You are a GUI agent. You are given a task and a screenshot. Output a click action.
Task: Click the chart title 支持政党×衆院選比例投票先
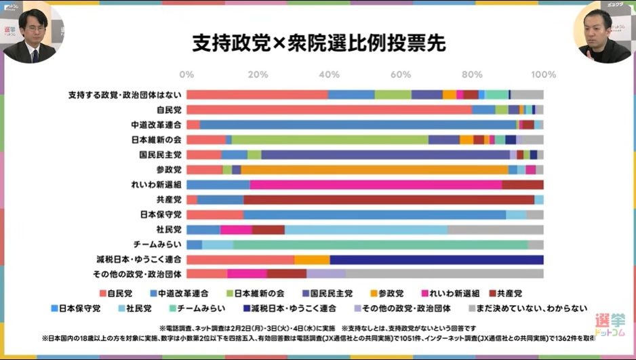(318, 42)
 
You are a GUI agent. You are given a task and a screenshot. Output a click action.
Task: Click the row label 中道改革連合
(157, 125)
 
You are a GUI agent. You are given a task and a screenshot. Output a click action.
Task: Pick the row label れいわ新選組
(157, 184)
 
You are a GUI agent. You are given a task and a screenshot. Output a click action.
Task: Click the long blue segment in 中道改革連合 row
(358, 125)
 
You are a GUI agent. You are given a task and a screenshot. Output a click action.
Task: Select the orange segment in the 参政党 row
(374, 169)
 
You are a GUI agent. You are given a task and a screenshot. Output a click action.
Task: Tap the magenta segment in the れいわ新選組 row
(376, 184)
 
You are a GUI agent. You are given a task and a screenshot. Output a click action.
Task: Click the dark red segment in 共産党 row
(389, 199)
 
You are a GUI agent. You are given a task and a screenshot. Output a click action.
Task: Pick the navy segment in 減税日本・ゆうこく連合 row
(436, 259)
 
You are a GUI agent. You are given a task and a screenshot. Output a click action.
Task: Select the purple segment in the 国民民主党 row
(384, 155)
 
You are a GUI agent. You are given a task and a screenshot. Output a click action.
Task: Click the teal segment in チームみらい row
(380, 244)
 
